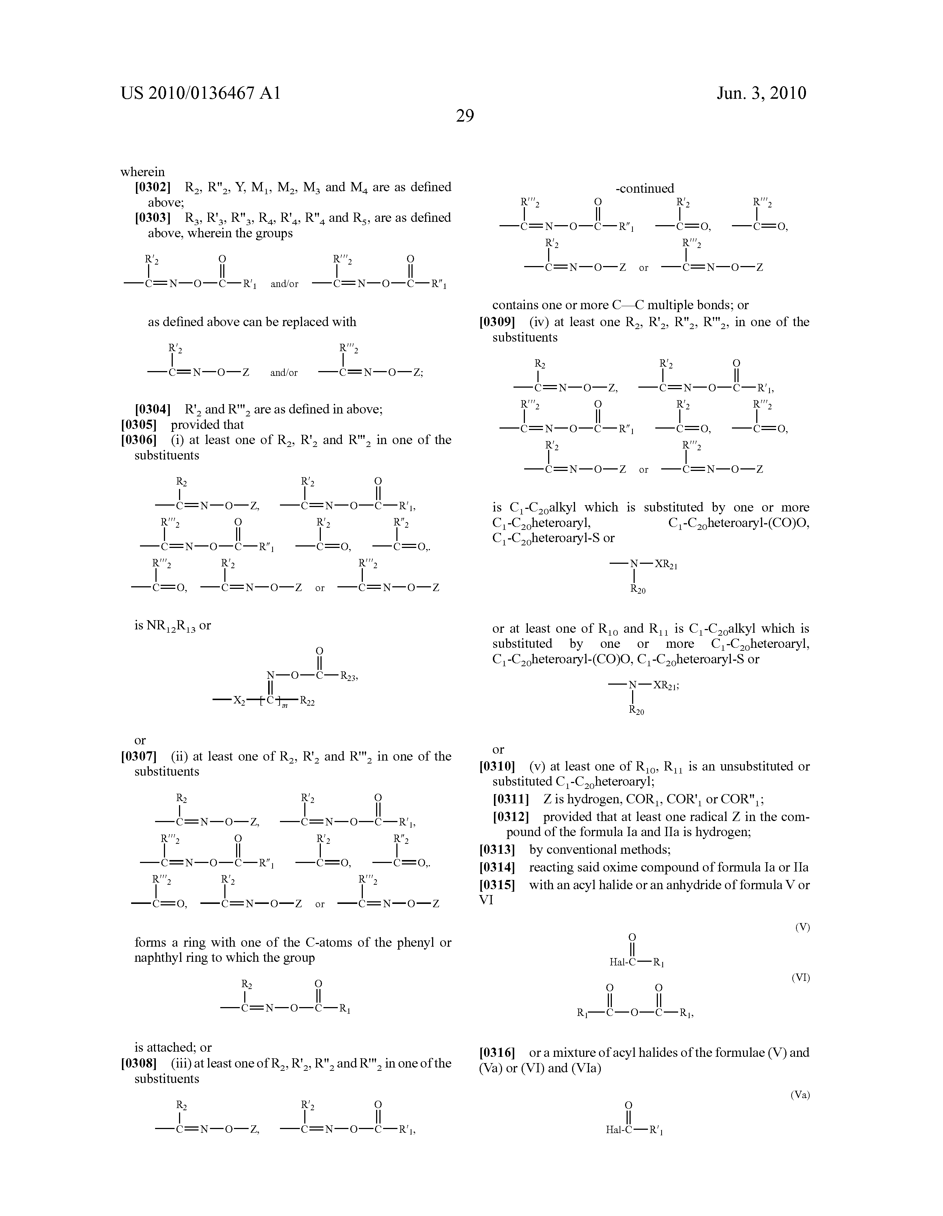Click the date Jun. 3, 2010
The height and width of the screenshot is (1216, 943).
pyautogui.click(x=761, y=93)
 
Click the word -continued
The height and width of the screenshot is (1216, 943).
pyautogui.click(x=645, y=188)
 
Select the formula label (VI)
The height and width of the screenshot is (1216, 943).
pyautogui.click(x=800, y=977)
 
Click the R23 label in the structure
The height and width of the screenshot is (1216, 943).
pyautogui.click(x=348, y=677)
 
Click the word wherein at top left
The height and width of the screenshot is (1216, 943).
pyautogui.click(x=143, y=172)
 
